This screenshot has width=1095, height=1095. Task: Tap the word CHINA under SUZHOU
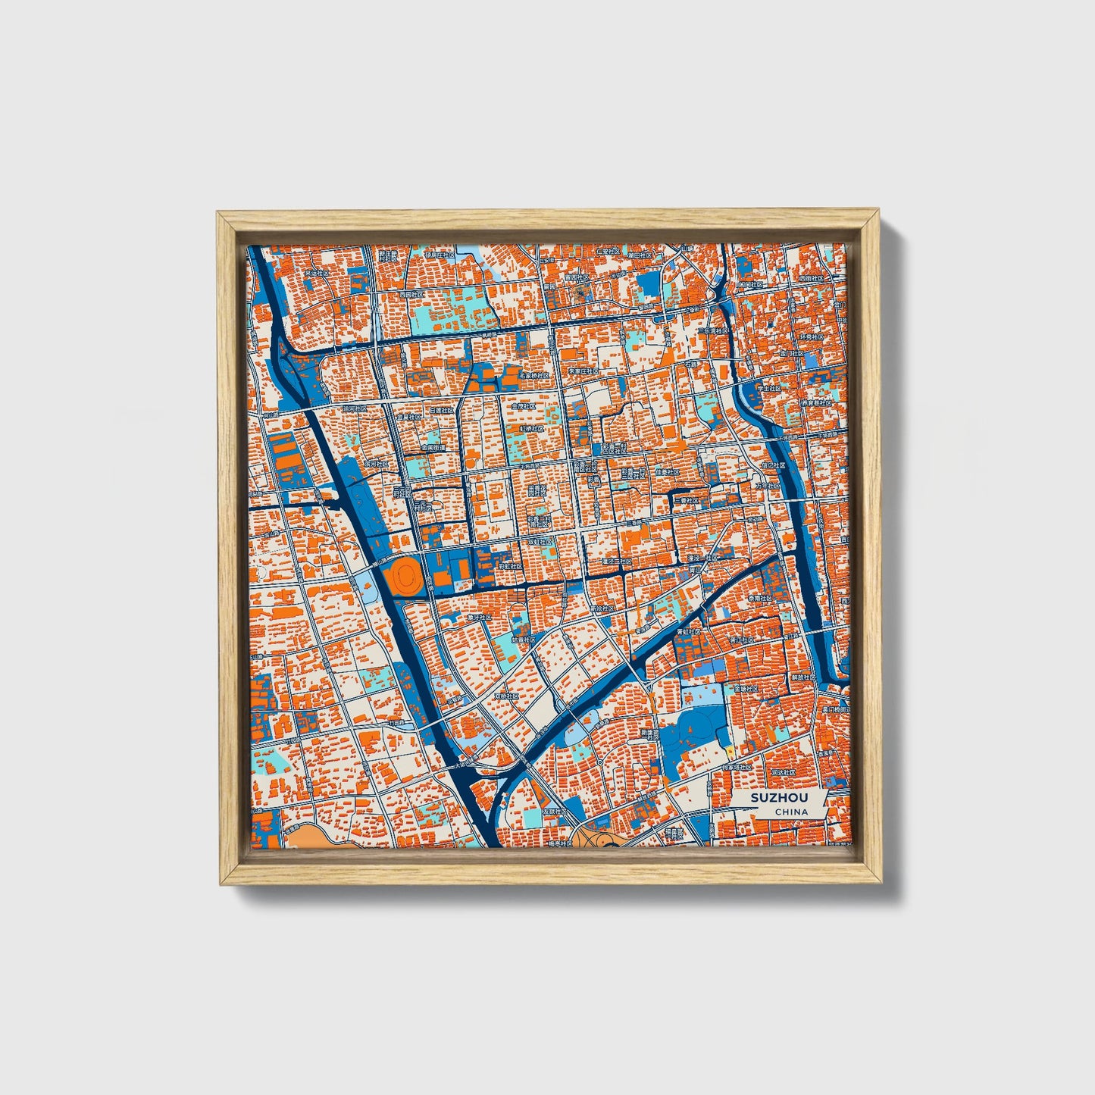pyautogui.click(x=790, y=812)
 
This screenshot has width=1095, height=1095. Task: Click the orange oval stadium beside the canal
pyautogui.click(x=402, y=577)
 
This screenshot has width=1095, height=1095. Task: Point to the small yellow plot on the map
pyautogui.click(x=730, y=751)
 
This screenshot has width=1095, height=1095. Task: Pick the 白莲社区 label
pyautogui.click(x=442, y=410)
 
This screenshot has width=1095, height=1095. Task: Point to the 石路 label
pyautogui.click(x=690, y=365)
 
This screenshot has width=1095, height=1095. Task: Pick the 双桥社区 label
pyautogui.click(x=507, y=696)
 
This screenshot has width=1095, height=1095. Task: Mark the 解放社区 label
pyautogui.click(x=802, y=677)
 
